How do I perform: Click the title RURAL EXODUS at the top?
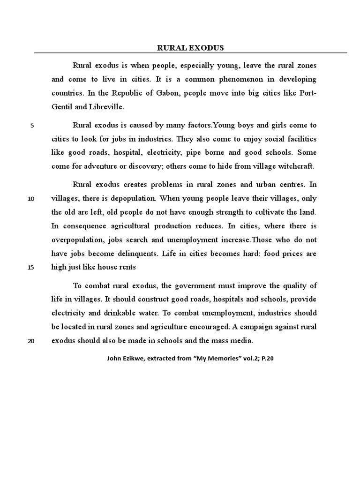point(190,48)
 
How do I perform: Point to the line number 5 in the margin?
point(32,126)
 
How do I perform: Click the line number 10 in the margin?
point(31,198)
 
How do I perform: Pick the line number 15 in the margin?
point(31,268)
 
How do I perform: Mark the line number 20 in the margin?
point(31,341)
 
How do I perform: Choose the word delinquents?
point(136,254)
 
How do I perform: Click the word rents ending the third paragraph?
point(127,267)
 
